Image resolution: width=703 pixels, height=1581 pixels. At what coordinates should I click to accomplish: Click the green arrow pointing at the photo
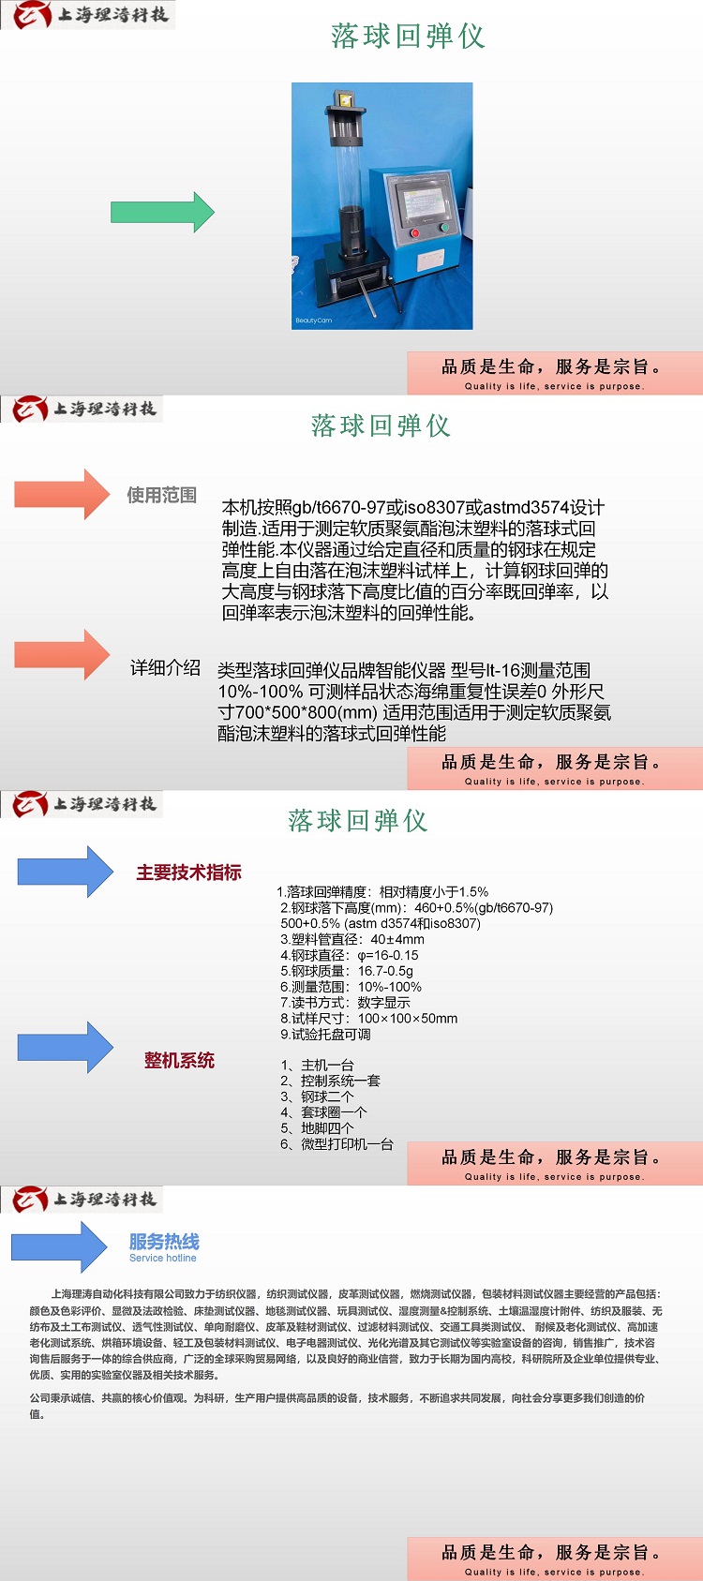pyautogui.click(x=162, y=212)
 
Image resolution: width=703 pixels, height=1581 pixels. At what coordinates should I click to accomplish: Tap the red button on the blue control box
pyautogui.click(x=414, y=232)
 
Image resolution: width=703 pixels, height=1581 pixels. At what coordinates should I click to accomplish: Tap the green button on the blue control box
pyautogui.click(x=444, y=228)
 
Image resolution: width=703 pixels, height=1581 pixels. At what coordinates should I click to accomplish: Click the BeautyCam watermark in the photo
pyautogui.click(x=313, y=321)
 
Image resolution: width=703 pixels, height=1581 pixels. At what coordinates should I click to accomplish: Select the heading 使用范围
pyautogui.click(x=161, y=495)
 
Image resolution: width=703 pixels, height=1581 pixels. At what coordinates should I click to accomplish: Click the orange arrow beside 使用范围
pyautogui.click(x=62, y=494)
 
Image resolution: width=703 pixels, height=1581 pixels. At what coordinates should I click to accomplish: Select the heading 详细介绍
pyautogui.click(x=165, y=667)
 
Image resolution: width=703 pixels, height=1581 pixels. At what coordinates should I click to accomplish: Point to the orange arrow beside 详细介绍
pyautogui.click(x=62, y=654)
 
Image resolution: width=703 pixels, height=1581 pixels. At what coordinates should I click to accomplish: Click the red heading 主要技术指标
pyautogui.click(x=188, y=873)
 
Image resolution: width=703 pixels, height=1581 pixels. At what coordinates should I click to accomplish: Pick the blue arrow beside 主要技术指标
pyautogui.click(x=65, y=872)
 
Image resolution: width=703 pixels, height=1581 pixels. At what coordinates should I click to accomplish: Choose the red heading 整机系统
pyautogui.click(x=179, y=1060)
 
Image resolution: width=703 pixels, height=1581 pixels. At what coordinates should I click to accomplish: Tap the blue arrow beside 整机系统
pyautogui.click(x=65, y=1048)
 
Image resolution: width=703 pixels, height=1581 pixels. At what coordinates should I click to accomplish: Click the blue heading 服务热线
pyautogui.click(x=164, y=1241)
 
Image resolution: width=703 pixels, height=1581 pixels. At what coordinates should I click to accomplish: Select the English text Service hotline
pyautogui.click(x=163, y=1258)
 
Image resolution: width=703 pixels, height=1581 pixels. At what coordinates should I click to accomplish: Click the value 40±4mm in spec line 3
pyautogui.click(x=397, y=939)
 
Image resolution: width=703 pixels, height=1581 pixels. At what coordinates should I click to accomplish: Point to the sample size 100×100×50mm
pyautogui.click(x=407, y=1019)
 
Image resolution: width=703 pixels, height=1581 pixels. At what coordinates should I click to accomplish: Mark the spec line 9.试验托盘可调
pyautogui.click(x=325, y=1034)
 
